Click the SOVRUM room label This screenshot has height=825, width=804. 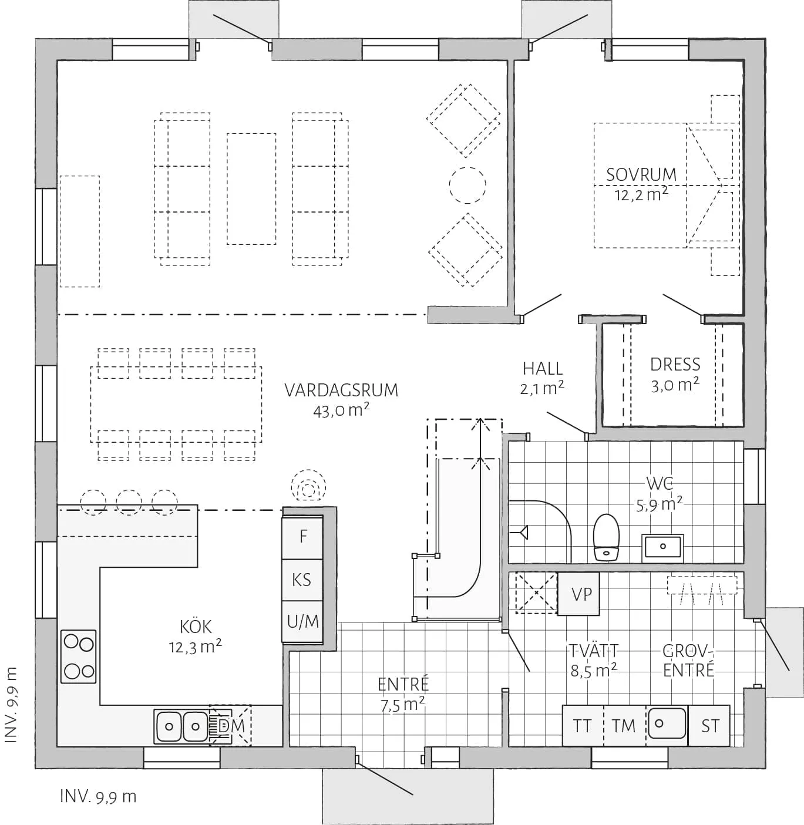[641, 174]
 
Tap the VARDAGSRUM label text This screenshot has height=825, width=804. [341, 390]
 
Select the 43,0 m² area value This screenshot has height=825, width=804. [341, 410]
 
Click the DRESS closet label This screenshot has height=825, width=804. [675, 365]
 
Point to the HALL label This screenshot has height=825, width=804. [543, 369]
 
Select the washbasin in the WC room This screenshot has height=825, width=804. [662, 546]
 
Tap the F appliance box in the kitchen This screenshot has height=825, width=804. [303, 537]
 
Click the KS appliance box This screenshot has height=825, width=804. [302, 580]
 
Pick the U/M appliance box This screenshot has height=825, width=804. [302, 621]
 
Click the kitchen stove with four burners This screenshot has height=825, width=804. [79, 656]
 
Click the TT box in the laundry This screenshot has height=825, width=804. [583, 726]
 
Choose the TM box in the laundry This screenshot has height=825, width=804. [624, 726]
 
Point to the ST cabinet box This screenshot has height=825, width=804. [709, 726]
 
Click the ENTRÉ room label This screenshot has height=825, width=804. [403, 685]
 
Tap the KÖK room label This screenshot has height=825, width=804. [196, 627]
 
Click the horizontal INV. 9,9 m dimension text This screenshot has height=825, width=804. [98, 797]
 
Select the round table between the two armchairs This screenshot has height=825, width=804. [467, 185]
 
